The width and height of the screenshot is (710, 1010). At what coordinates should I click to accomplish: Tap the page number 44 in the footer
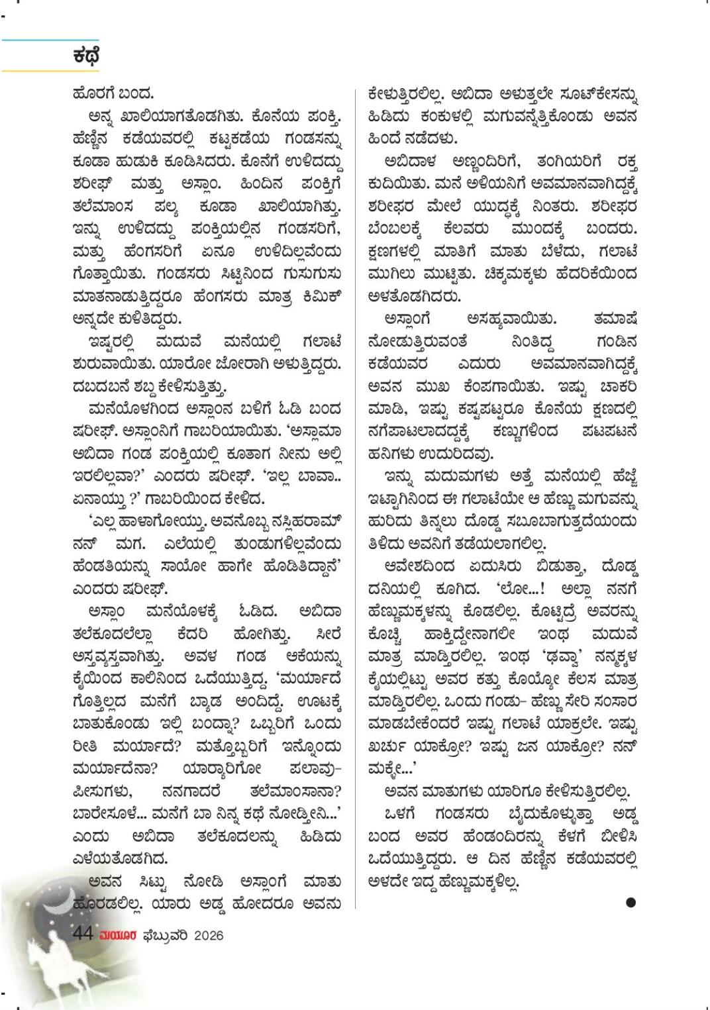(x=83, y=934)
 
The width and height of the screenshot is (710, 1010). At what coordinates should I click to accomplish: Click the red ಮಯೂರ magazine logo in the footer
(x=117, y=935)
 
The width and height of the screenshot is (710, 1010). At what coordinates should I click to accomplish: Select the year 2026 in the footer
(x=209, y=935)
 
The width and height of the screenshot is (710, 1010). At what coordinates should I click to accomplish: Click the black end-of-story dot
(x=631, y=901)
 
